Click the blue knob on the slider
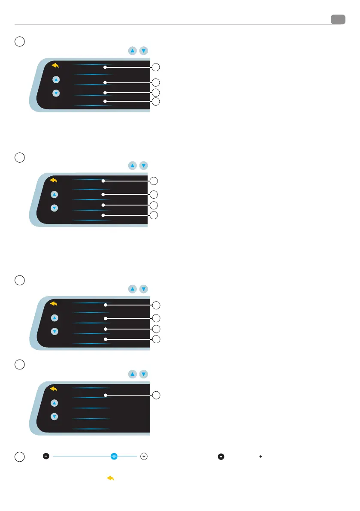click(114, 457)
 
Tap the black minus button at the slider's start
click(46, 457)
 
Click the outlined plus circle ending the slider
click(144, 457)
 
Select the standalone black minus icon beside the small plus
click(221, 457)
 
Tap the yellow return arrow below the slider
click(110, 478)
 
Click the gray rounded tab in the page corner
click(338, 19)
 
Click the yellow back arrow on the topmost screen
click(55, 66)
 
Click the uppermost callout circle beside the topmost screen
click(156, 67)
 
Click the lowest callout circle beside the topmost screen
click(156, 102)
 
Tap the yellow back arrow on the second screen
click(54, 181)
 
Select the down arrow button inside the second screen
click(54, 208)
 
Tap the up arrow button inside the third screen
click(54, 318)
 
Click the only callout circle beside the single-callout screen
click(156, 395)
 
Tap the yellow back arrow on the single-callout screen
click(54, 389)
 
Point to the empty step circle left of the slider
click(19, 457)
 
